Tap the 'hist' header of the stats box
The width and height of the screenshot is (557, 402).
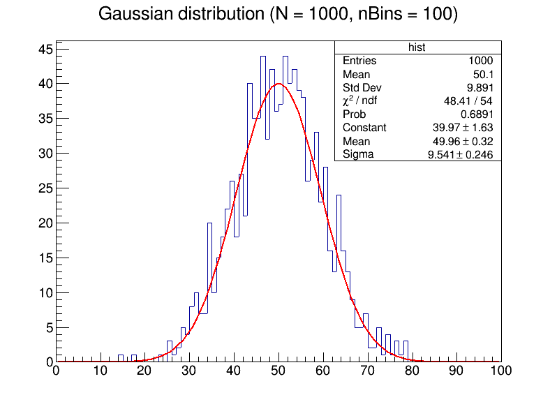tap(417, 47)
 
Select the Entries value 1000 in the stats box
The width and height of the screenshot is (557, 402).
tap(480, 61)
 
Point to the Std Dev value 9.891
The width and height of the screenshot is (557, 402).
tap(477, 88)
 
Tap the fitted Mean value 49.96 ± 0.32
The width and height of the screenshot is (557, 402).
tap(463, 141)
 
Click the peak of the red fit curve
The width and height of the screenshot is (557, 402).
tap(278, 84)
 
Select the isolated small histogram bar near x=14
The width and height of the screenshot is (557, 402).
tap(121, 359)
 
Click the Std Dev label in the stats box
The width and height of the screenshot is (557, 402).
tap(361, 88)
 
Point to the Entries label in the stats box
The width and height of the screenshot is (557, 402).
tap(359, 61)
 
